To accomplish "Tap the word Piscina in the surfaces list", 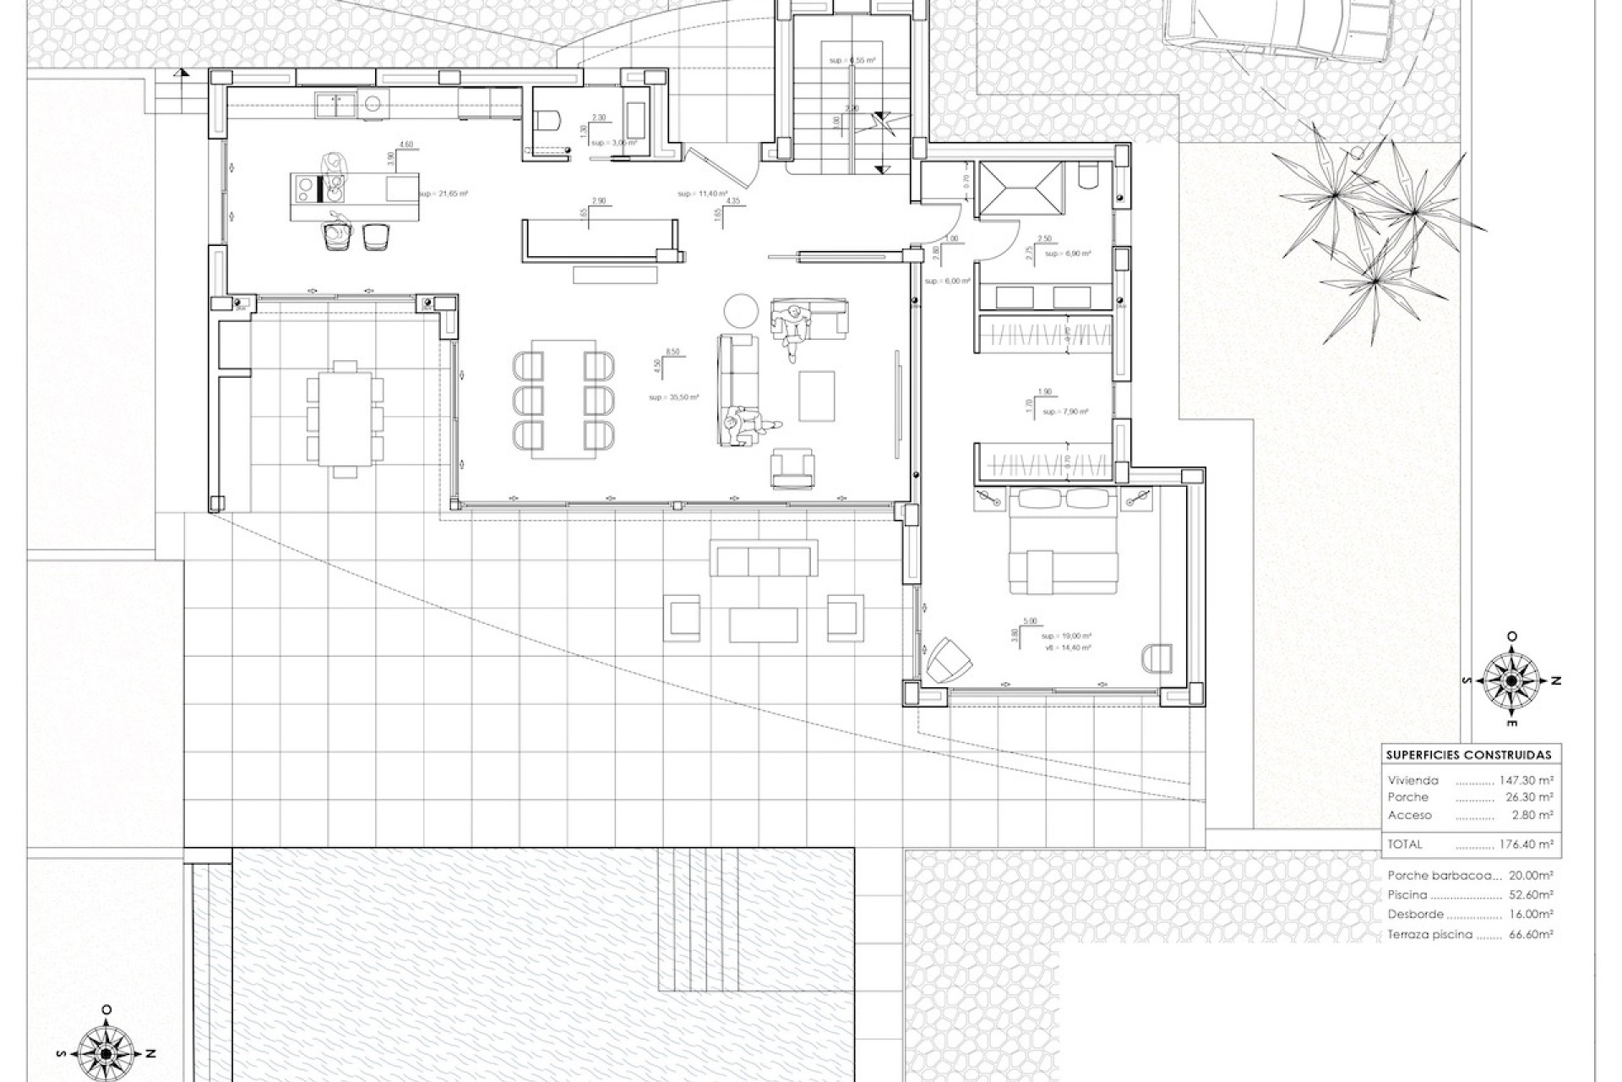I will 1407,894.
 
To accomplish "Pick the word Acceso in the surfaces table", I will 1410,815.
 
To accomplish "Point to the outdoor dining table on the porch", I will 345,419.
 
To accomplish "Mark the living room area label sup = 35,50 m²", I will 673,396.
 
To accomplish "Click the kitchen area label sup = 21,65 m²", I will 443,194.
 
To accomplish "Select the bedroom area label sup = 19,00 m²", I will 1066,636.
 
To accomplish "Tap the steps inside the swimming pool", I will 699,921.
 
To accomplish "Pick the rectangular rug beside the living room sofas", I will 817,396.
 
